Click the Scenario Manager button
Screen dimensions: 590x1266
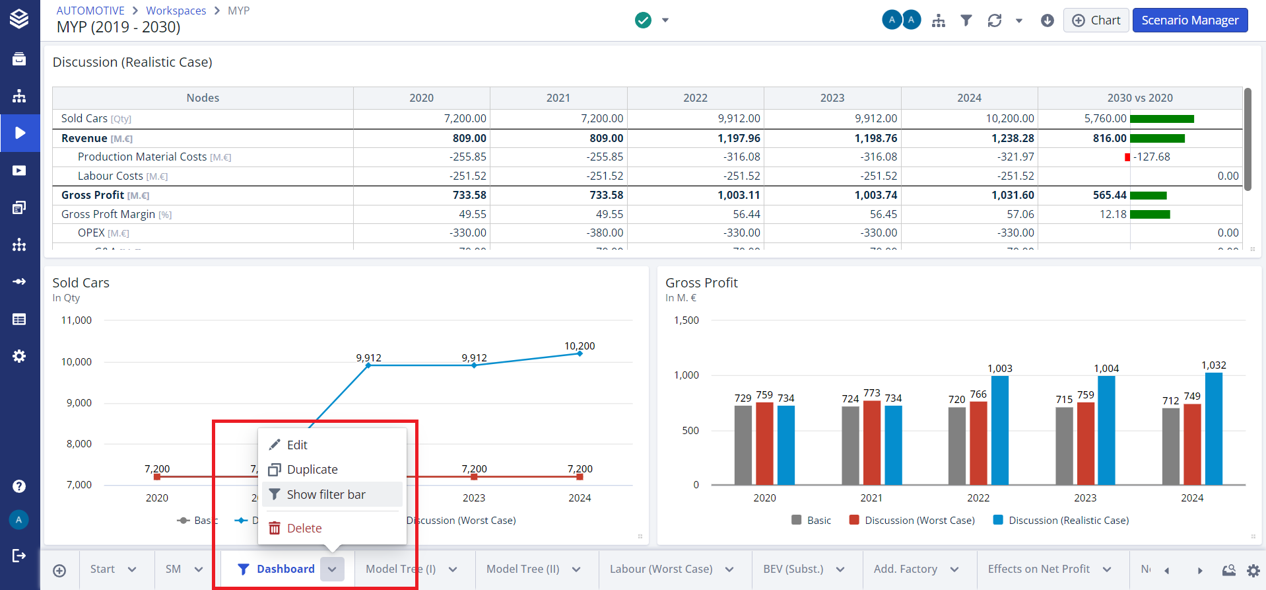click(1189, 20)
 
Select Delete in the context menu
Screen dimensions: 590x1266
click(304, 529)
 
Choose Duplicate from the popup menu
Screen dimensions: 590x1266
click(312, 470)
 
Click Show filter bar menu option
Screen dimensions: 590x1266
click(326, 495)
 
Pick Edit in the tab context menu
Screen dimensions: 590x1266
click(297, 445)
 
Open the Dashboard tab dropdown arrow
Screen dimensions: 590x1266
click(332, 570)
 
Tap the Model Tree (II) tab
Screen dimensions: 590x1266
click(523, 570)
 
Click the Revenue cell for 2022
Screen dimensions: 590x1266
click(739, 139)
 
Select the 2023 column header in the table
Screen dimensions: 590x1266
click(832, 98)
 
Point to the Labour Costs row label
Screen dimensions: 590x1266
click(110, 176)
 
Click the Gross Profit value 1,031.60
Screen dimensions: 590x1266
click(1013, 196)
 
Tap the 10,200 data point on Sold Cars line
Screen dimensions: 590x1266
click(580, 353)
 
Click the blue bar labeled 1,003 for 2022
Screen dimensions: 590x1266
click(1000, 429)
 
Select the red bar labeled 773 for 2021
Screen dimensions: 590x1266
click(872, 443)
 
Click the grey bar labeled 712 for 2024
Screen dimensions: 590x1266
click(1170, 446)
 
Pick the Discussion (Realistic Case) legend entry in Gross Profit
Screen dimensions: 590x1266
click(1068, 521)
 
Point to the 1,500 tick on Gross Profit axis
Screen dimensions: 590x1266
click(686, 320)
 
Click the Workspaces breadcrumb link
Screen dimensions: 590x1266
click(176, 11)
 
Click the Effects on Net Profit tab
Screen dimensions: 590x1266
click(1038, 570)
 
